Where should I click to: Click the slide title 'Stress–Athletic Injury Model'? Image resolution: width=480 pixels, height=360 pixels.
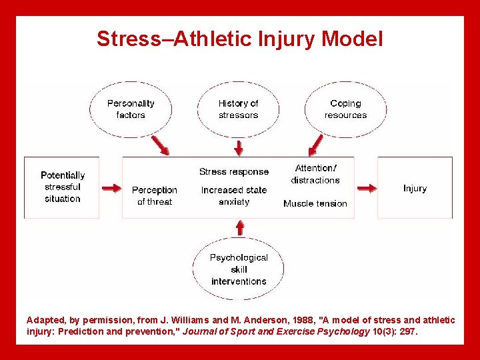pyautogui.click(x=240, y=39)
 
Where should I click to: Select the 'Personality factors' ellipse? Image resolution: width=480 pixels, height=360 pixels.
pyautogui.click(x=131, y=109)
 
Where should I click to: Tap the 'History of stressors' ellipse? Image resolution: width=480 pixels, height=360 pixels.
pyautogui.click(x=238, y=109)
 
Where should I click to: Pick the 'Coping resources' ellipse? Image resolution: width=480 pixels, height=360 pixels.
pyautogui.click(x=345, y=109)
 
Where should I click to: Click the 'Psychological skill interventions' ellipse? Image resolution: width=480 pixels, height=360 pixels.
pyautogui.click(x=239, y=269)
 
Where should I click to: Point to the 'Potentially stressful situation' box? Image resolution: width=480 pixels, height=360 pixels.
pyautogui.click(x=63, y=187)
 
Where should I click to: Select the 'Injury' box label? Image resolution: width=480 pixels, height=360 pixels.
pyautogui.click(x=415, y=189)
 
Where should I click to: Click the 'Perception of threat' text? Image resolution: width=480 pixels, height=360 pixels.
pyautogui.click(x=155, y=195)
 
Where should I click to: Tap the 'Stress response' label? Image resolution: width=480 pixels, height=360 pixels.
pyautogui.click(x=234, y=172)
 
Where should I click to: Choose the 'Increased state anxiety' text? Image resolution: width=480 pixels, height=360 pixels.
pyautogui.click(x=234, y=195)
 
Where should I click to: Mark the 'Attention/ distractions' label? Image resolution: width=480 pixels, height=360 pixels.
pyautogui.click(x=315, y=174)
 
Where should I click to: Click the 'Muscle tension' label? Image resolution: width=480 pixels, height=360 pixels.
pyautogui.click(x=315, y=203)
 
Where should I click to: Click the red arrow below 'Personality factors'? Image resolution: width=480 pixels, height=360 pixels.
pyautogui.click(x=160, y=145)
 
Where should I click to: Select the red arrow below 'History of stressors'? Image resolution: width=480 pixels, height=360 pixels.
pyautogui.click(x=237, y=145)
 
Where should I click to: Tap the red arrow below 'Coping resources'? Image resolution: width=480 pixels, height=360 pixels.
pyautogui.click(x=315, y=145)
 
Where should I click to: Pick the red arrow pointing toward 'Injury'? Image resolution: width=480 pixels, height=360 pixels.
pyautogui.click(x=366, y=189)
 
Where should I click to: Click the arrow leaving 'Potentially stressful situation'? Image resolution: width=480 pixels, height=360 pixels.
pyautogui.click(x=111, y=189)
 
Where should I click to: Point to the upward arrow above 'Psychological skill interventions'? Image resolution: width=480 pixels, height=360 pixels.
pyautogui.click(x=239, y=228)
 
